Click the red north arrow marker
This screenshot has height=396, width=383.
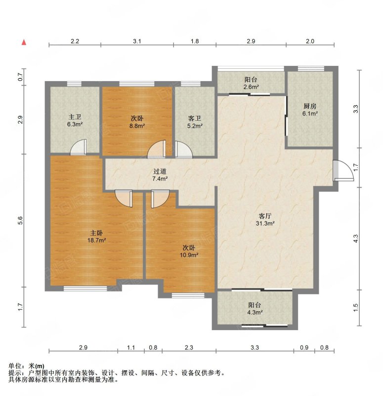[x=24, y=42]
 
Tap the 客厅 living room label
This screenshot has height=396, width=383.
[x=265, y=216]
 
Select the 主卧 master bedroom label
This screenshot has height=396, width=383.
[x=96, y=233]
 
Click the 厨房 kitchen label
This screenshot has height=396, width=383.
[x=310, y=106]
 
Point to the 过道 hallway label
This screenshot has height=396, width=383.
[x=160, y=171]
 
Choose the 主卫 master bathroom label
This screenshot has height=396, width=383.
[x=75, y=117]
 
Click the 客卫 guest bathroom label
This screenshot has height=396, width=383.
[x=194, y=118]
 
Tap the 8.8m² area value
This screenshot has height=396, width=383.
[x=137, y=126]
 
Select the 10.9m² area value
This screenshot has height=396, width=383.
[x=189, y=255]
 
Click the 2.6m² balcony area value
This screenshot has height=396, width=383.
[x=251, y=87]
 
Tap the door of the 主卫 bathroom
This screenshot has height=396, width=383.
[x=78, y=147]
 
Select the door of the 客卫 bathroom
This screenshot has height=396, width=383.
[x=184, y=150]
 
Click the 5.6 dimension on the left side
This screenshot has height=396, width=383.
[x=21, y=220]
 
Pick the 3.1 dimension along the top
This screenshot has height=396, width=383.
[x=137, y=41]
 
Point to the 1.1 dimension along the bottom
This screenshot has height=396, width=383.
[x=131, y=347]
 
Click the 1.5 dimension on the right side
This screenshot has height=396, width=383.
[x=356, y=307]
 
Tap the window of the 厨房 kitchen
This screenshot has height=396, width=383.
[x=311, y=68]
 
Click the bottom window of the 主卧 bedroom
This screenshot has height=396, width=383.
[x=85, y=289]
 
